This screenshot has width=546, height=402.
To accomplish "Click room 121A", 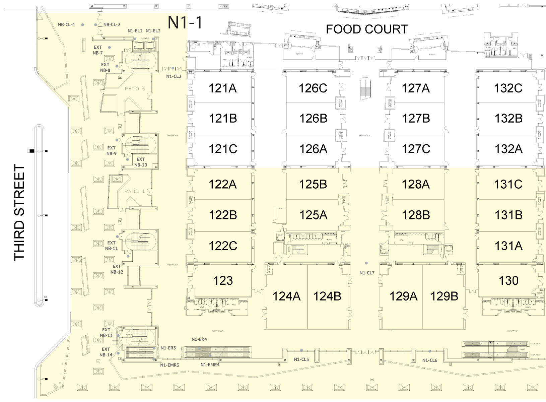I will [x=222, y=88].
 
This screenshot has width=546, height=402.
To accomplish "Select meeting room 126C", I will [x=313, y=88].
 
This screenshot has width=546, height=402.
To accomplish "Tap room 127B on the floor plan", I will [x=416, y=118].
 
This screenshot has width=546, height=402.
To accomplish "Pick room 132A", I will [x=508, y=148].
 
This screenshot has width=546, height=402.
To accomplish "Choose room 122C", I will [x=223, y=246].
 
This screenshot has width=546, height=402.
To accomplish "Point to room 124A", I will [x=286, y=296].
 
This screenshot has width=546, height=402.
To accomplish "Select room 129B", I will [x=444, y=296].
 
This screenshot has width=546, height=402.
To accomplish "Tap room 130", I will [x=508, y=280].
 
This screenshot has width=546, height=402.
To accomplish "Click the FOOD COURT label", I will [x=367, y=29].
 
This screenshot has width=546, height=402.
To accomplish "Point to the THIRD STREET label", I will [x=20, y=212].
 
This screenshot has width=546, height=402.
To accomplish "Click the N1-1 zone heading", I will [x=185, y=23].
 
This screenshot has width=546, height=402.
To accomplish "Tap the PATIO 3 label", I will [x=135, y=89].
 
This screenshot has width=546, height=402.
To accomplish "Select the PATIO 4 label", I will [x=134, y=191].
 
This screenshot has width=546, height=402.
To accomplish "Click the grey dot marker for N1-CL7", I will [x=366, y=263].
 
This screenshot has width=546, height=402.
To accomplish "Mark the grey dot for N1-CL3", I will [x=301, y=350].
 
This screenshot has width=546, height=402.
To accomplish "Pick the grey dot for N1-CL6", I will [x=430, y=351].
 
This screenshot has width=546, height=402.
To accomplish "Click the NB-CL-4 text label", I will [x=66, y=24].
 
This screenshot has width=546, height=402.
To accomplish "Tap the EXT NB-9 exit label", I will [x=112, y=151].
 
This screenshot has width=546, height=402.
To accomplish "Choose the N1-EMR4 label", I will [x=210, y=364].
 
